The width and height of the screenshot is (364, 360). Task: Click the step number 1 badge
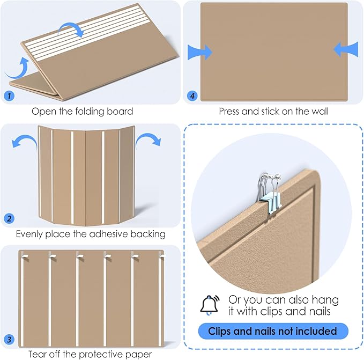coord(9,96)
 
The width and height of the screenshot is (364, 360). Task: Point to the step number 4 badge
coord(191,96)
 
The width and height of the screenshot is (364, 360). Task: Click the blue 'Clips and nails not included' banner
coord(273,330)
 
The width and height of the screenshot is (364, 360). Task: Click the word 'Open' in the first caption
coord(43,112)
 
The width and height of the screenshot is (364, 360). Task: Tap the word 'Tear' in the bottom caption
coord(39,354)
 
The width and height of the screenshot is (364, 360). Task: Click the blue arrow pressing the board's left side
coord(199,52)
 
